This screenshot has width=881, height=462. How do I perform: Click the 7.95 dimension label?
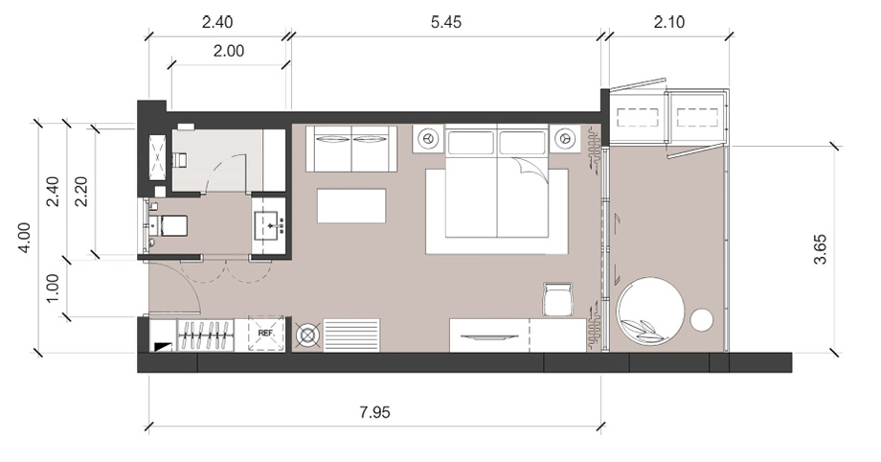374,412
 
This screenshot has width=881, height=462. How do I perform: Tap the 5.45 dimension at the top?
446,22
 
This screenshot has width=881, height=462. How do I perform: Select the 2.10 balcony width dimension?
669,22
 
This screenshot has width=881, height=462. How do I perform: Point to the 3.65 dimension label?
821,249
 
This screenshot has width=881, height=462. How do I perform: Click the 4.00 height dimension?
24,238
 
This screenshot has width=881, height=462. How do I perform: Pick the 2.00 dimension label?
229,51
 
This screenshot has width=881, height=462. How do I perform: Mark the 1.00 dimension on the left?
52,289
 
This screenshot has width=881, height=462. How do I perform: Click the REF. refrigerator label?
266,334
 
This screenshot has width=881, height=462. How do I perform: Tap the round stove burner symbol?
307,335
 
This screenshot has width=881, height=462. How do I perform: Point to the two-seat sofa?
351,149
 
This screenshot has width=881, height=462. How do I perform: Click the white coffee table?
351,206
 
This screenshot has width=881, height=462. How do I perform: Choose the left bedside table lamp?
429,138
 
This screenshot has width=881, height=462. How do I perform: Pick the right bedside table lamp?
565,138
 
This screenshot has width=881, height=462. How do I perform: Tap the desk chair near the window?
558,299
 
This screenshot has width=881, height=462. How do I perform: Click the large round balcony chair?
650,312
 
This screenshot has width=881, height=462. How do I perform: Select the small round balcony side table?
701,320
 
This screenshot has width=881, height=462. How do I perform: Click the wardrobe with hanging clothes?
206,335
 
